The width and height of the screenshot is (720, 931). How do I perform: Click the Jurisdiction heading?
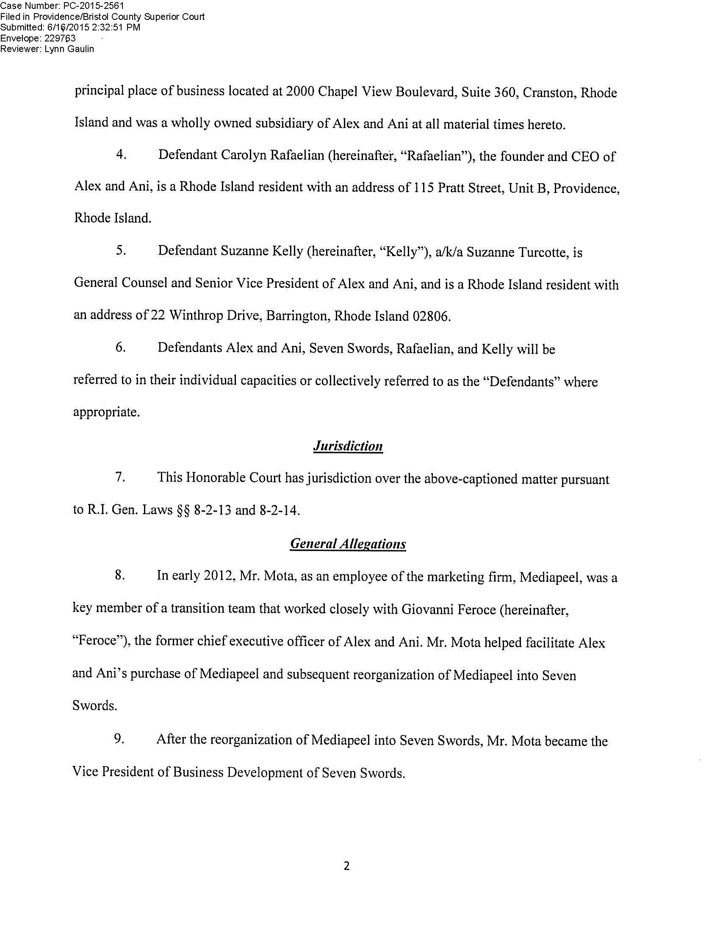(x=348, y=446)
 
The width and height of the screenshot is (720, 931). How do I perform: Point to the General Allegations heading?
(x=348, y=543)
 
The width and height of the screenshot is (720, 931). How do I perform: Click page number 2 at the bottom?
(x=346, y=865)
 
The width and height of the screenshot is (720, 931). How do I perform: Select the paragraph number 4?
(x=121, y=155)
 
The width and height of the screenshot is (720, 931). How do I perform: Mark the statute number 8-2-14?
(x=279, y=510)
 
